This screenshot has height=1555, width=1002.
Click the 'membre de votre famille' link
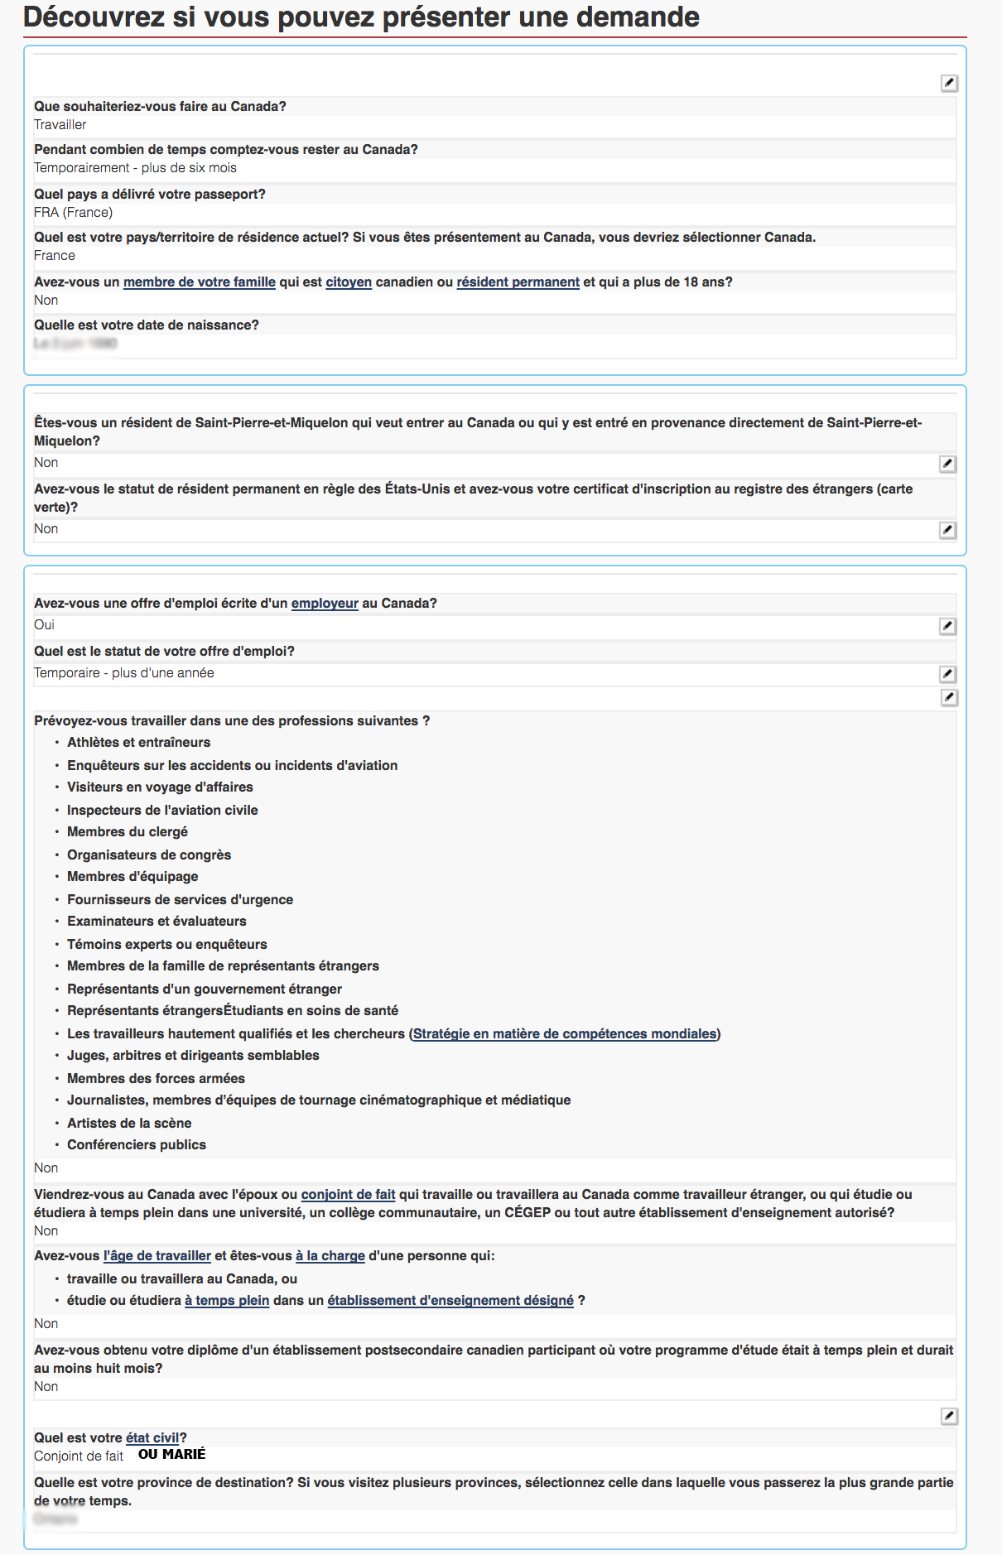tap(199, 282)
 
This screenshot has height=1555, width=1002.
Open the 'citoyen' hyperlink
tap(349, 282)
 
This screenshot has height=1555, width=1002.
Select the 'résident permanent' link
tap(518, 282)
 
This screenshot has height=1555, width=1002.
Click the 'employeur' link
tap(325, 604)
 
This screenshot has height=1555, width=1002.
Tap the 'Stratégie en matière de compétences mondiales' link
tap(565, 1034)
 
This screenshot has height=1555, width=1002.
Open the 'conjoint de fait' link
tap(348, 1195)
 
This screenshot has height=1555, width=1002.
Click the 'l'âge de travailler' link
tap(157, 1256)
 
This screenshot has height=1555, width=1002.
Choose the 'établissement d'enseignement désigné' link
tap(450, 1301)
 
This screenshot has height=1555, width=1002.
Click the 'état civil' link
tap(152, 1438)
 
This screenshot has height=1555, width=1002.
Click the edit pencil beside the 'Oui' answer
tap(948, 627)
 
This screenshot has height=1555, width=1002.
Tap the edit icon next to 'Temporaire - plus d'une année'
tap(948, 675)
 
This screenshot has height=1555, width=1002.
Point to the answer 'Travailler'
tap(60, 125)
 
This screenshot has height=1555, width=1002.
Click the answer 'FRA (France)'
tap(74, 213)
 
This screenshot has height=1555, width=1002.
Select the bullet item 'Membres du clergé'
tap(128, 832)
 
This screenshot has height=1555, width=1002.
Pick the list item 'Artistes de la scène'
tap(129, 1124)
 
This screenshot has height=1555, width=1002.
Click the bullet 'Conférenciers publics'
tap(137, 1145)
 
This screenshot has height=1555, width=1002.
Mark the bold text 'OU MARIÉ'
tap(171, 1455)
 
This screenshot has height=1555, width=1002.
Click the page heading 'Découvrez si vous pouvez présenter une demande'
tap(361, 17)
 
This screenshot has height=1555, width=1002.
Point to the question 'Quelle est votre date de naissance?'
tap(147, 325)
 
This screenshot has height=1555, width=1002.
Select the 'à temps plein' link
tap(227, 1301)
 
